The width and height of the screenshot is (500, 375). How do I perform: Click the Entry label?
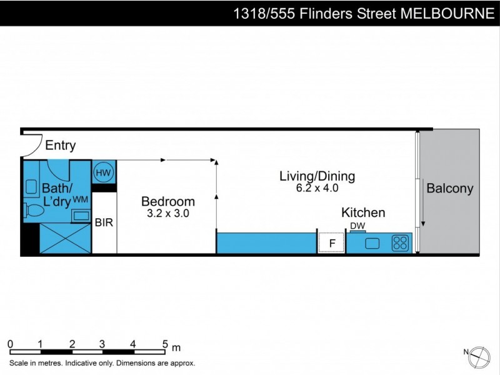point(61,146)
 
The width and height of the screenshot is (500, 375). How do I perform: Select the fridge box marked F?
point(331,242)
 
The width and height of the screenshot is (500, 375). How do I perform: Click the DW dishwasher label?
point(357,226)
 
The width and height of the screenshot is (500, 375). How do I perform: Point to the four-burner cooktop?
point(400,242)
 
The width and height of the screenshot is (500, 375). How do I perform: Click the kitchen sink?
point(373,242)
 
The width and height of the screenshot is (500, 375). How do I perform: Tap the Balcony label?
point(449,188)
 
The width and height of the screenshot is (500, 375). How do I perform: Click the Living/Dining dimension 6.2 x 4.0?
point(317,187)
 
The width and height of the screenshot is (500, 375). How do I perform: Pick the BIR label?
point(104,222)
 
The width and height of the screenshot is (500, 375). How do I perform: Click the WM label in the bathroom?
point(80,199)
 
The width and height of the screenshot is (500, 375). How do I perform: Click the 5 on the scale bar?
point(165,343)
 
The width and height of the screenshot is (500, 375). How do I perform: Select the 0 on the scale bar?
point(11,343)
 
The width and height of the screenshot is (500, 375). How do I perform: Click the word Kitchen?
point(363,212)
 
